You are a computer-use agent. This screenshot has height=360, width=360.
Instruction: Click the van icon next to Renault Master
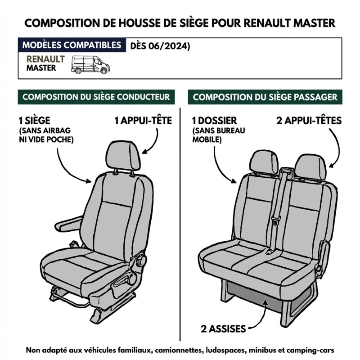point(90,65)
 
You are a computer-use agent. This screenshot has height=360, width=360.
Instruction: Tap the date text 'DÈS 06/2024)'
point(160,46)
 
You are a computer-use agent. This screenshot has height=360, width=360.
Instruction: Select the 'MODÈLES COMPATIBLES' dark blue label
point(72,45)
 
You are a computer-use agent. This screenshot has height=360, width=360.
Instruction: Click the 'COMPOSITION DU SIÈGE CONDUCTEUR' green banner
point(96,97)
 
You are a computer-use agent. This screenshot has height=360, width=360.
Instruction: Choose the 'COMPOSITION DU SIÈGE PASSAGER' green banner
point(265,97)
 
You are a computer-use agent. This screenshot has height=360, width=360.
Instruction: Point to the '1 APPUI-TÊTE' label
point(143,121)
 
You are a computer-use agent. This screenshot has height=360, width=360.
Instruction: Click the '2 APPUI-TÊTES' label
point(309,121)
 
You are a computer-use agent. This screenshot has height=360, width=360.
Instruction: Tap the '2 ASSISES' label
point(223,329)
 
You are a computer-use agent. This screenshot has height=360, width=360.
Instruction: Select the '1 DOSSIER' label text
point(215,121)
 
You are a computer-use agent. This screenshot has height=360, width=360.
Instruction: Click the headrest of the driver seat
point(123,155)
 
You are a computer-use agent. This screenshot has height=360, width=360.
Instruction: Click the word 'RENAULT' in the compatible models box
point(46,59)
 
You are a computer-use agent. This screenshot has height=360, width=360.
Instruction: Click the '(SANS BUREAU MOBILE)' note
point(219,135)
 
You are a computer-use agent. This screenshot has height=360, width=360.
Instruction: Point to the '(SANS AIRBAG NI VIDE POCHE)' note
point(46,135)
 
